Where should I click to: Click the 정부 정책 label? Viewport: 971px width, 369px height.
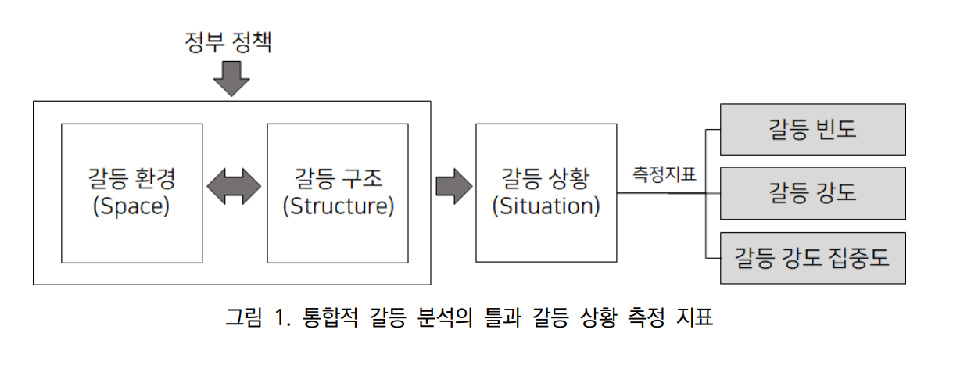(x=228, y=41)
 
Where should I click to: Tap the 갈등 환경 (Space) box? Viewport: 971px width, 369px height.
(x=131, y=192)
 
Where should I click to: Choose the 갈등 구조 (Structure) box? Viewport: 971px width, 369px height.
(x=338, y=192)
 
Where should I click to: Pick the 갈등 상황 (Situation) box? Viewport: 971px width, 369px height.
(x=546, y=192)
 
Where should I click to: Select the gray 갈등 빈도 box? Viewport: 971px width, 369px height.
(x=813, y=129)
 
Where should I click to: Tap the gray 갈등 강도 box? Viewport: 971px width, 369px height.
(x=813, y=192)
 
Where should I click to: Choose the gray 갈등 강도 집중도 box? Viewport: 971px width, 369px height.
(x=813, y=257)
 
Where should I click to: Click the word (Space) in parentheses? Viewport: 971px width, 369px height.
(x=131, y=207)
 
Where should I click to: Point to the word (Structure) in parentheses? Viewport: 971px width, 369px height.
(x=338, y=207)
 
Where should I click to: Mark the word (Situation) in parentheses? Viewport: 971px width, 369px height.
(x=546, y=207)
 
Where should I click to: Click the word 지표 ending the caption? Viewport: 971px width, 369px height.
(x=696, y=318)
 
